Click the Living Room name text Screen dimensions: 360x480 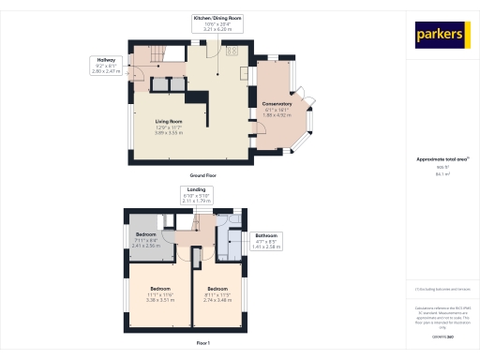coord(169,122)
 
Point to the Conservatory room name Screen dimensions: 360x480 coord(277,103)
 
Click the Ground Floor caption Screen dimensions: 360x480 coord(202,175)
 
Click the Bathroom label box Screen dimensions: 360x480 coord(267,241)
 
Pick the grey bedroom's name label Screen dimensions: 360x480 coord(145,234)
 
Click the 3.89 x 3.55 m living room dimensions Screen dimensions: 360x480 coord(169,133)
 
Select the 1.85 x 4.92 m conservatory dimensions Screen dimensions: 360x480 coord(277,114)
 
